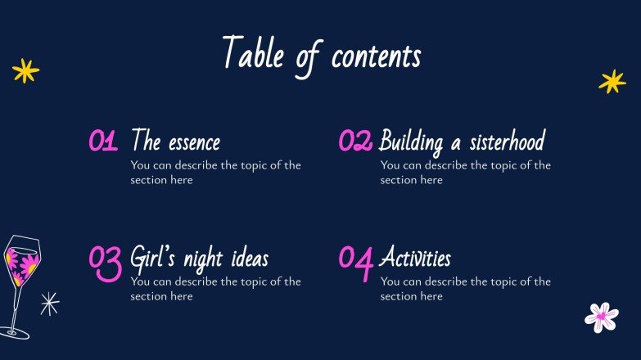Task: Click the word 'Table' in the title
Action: click(x=247, y=55)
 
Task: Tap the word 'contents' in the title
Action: click(x=376, y=56)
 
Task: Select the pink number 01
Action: click(x=103, y=142)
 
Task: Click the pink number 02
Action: click(x=355, y=142)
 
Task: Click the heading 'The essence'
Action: click(x=175, y=142)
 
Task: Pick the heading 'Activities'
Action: click(x=415, y=259)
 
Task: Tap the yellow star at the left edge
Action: click(x=25, y=71)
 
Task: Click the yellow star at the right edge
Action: click(x=612, y=81)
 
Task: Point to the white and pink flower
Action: click(x=601, y=317)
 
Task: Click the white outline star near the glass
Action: click(x=50, y=304)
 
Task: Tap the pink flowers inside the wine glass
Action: click(x=22, y=264)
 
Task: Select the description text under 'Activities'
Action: click(x=465, y=289)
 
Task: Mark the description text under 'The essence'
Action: click(x=215, y=172)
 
